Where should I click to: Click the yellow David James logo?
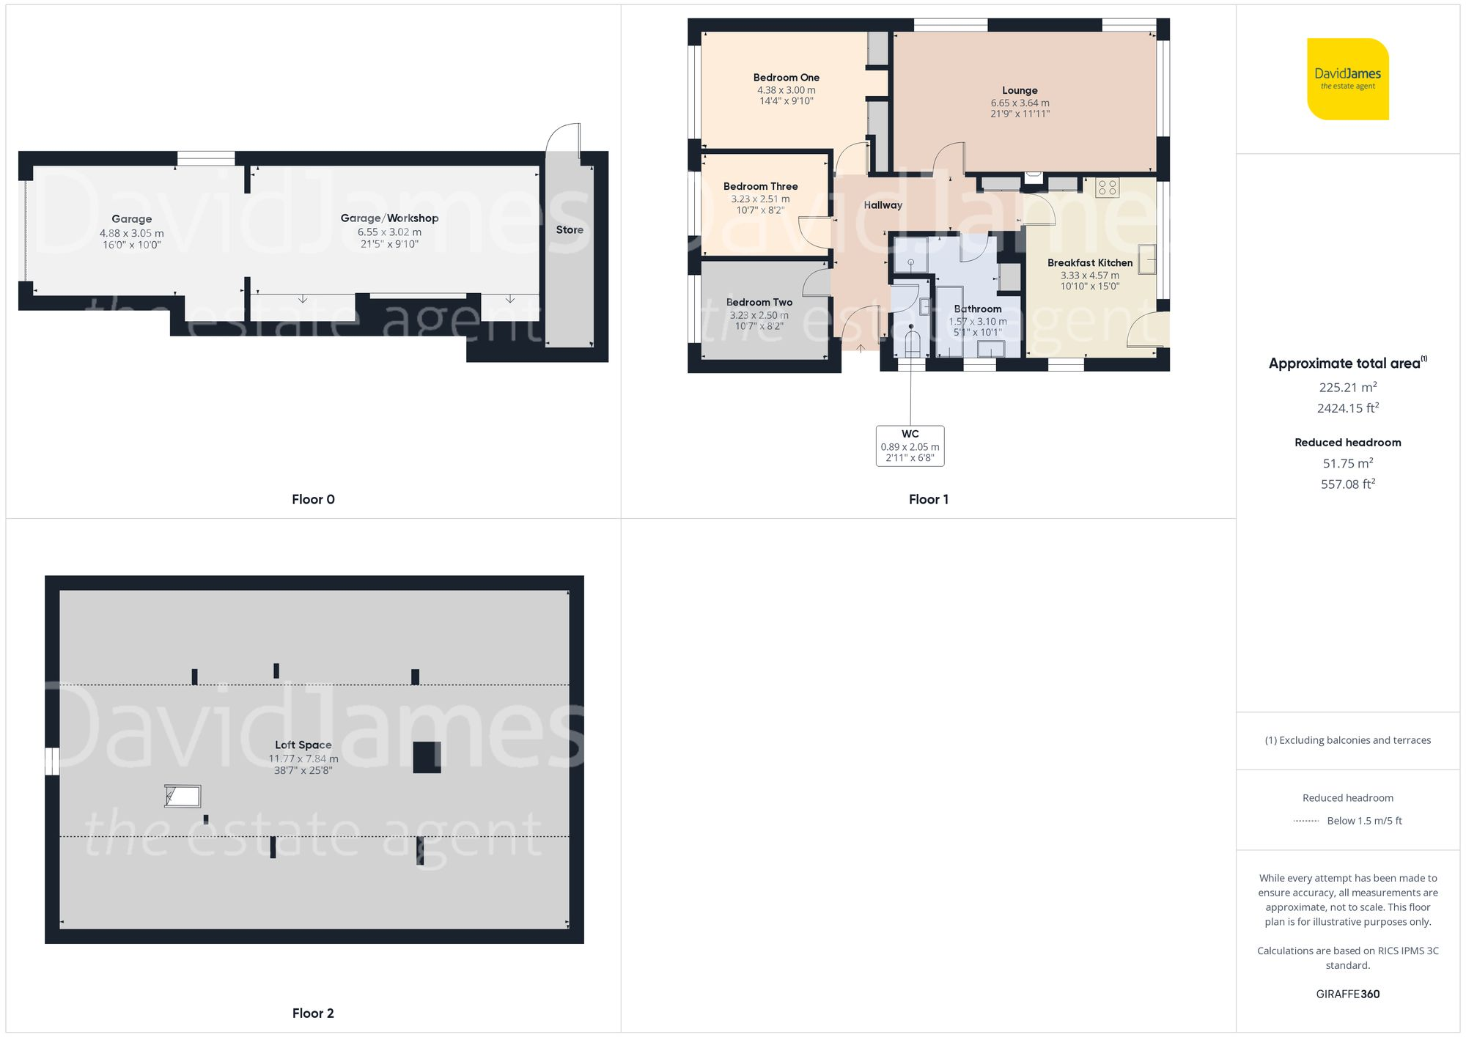pos(1347,79)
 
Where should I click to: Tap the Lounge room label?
pos(1020,90)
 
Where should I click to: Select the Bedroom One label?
pos(786,78)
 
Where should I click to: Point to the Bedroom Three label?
pos(760,187)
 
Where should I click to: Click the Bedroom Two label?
pos(759,302)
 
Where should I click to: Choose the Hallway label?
pos(883,205)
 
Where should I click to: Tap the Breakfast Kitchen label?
pos(1089,263)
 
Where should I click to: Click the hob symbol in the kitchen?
pos(1107,188)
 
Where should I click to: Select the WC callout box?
pos(910,446)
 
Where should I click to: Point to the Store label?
pos(570,230)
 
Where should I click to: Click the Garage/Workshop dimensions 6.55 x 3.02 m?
pos(389,232)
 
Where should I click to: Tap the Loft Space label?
pos(303,745)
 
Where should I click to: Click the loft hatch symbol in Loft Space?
pos(183,796)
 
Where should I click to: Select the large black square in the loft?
pos(427,757)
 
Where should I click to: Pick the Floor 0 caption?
pos(313,500)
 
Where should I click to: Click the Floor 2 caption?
pos(313,1014)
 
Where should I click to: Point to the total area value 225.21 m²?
pos(1347,388)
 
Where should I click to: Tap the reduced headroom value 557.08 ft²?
pos(1347,484)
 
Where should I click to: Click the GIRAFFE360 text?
pos(1347,994)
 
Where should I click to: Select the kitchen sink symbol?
pos(1147,259)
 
